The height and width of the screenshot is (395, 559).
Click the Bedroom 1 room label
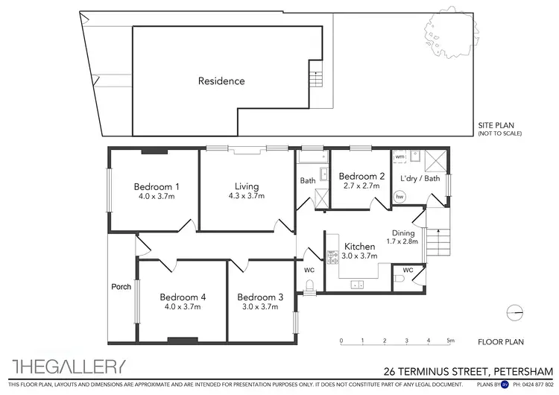pyautogui.click(x=157, y=186)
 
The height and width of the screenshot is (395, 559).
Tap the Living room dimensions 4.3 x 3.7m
pyautogui.click(x=246, y=196)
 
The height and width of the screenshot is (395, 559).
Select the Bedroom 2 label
pyautogui.click(x=361, y=177)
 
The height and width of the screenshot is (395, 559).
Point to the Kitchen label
pyautogui.click(x=359, y=246)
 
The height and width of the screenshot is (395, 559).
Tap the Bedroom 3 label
pyautogui.click(x=261, y=297)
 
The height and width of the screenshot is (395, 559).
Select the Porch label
pyautogui.click(x=121, y=286)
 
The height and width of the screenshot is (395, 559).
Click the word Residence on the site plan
pyautogui.click(x=221, y=80)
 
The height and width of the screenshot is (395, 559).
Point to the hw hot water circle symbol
pyautogui.click(x=400, y=197)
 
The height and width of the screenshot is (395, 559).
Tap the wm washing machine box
pyautogui.click(x=399, y=157)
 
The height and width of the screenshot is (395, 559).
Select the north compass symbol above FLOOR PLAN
pyautogui.click(x=512, y=312)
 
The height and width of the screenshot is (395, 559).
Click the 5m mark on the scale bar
pyautogui.click(x=450, y=341)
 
